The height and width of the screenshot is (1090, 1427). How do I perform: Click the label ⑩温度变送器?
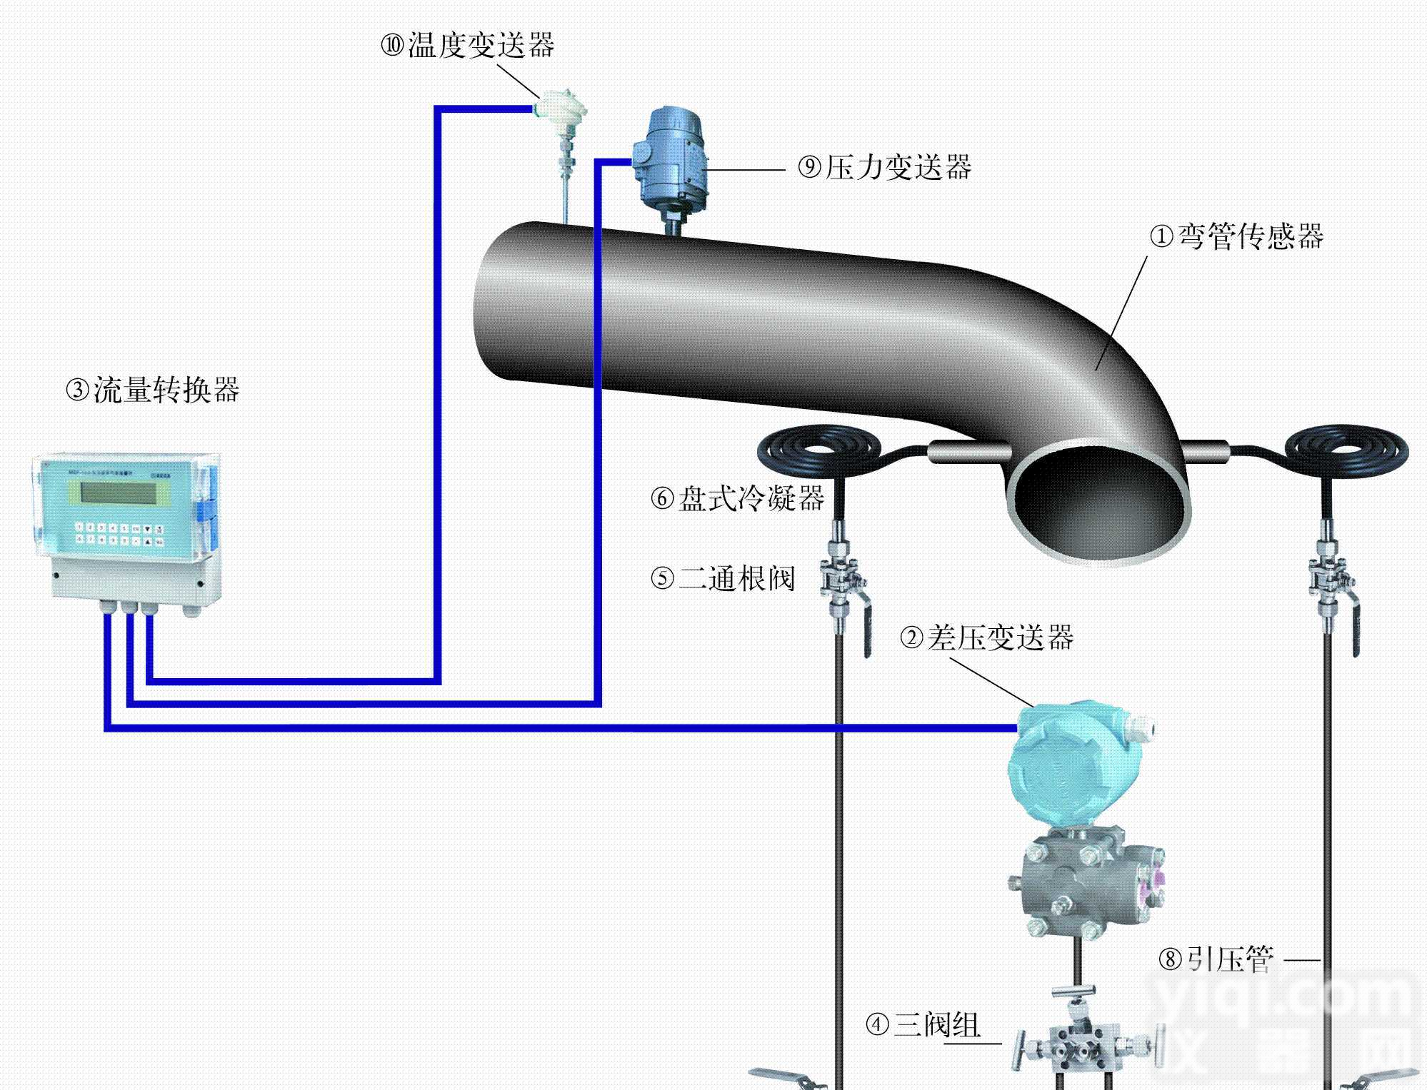point(468,46)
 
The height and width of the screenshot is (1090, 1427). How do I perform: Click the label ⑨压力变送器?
point(885,168)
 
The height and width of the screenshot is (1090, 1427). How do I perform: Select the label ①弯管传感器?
point(1236,236)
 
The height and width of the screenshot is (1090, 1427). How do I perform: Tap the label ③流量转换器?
point(153,390)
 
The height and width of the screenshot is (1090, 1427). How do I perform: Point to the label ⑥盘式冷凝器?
point(738,498)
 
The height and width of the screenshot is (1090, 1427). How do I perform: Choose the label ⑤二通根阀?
point(723,577)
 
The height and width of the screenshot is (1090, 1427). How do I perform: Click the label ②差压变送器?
point(986,637)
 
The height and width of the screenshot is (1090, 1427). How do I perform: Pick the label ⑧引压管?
point(1216,959)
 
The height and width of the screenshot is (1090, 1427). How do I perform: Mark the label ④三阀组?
point(923,1026)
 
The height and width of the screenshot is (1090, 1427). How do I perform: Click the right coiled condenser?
point(1346,451)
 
